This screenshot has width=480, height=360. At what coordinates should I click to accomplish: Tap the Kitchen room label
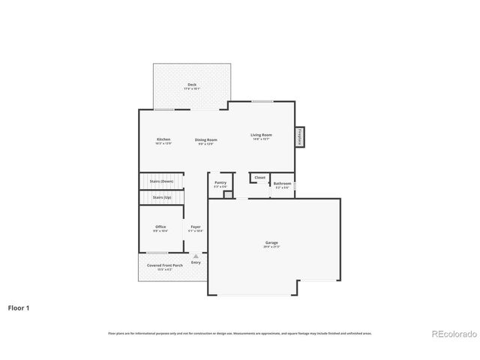coord(163,140)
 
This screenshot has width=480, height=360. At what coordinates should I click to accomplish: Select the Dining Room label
coord(206,140)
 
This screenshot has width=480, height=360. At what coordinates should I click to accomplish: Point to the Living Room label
coord(261,136)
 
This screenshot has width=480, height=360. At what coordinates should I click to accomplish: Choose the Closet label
coord(259,178)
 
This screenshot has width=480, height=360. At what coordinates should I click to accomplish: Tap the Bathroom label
coord(282,184)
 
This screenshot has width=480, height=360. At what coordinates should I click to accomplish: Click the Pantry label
coord(220,183)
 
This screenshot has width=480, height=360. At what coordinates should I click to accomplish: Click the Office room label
coord(160,227)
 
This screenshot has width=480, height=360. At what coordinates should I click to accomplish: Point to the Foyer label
coord(195,227)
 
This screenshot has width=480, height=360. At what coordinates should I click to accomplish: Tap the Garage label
coord(271,243)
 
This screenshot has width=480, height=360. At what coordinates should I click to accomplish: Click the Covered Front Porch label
coord(164,265)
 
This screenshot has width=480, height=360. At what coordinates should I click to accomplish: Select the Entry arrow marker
coord(196,256)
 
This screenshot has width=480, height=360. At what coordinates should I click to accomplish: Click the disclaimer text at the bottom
coord(239,333)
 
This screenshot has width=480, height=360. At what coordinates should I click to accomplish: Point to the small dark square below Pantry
coord(226,194)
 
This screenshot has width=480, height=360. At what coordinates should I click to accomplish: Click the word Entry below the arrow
coord(196,262)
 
